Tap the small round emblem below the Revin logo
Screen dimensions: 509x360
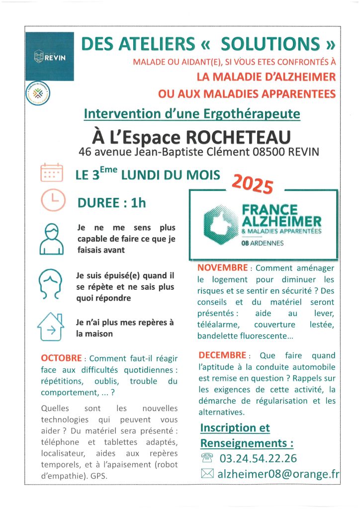coord(38,93)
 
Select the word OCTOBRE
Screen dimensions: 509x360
coord(62,358)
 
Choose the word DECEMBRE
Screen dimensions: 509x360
coord(222,355)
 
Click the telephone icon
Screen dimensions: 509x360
coord(207,458)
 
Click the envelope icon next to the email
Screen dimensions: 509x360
coord(207,475)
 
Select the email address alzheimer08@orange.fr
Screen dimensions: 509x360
coord(278,475)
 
